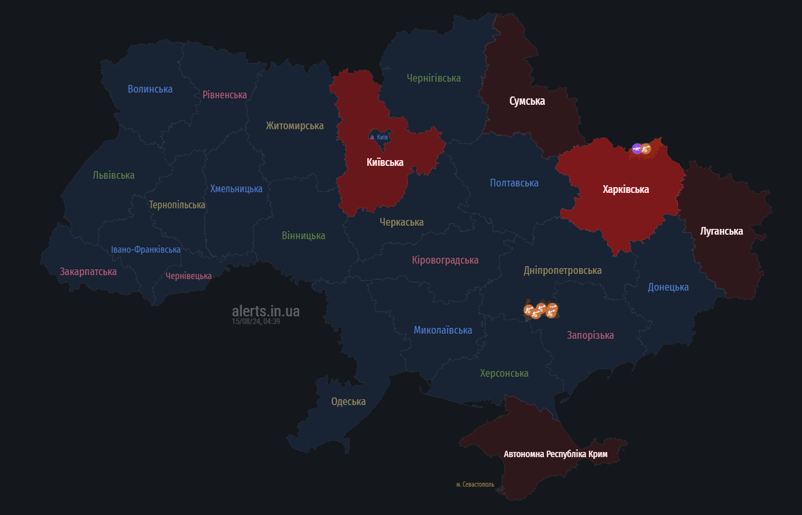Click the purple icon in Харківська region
pyautogui.click(x=636, y=149)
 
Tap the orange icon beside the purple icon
pyautogui.click(x=647, y=149)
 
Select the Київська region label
pyautogui.click(x=385, y=162)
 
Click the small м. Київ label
pyautogui.click(x=379, y=137)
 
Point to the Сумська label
pyautogui.click(x=527, y=101)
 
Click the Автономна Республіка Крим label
pyautogui.click(x=555, y=454)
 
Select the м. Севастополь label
pyautogui.click(x=475, y=484)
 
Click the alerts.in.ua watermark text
pyautogui.click(x=265, y=311)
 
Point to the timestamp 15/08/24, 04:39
pyautogui.click(x=256, y=321)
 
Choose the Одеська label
pyautogui.click(x=348, y=401)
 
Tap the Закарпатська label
pyautogui.click(x=88, y=271)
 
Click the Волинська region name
pyautogui.click(x=150, y=89)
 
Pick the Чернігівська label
pyautogui.click(x=433, y=78)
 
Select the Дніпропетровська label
pyautogui.click(x=562, y=270)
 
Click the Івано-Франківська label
pyautogui.click(x=145, y=249)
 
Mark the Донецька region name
pyautogui.click(x=668, y=287)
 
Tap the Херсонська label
pyautogui.click(x=504, y=373)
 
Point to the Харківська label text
pyautogui.click(x=625, y=189)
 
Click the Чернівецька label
pyautogui.click(x=188, y=276)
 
